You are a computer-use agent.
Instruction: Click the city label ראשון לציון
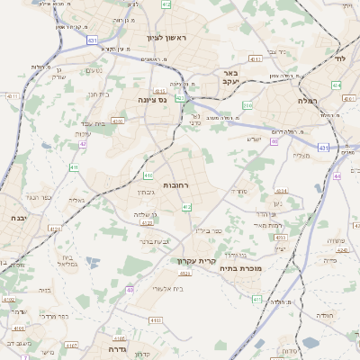[x=169, y=38]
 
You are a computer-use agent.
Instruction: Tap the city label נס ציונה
[x=154, y=100]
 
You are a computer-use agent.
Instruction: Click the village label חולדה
[x=324, y=316]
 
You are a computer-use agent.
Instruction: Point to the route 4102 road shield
[x=8, y=300]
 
